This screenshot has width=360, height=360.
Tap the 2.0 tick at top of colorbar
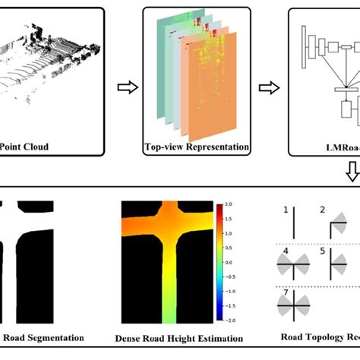(x=229, y=204)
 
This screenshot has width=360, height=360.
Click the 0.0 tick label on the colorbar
(x=229, y=263)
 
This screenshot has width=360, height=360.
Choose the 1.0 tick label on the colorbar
(x=229, y=233)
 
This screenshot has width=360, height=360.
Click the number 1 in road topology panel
(x=285, y=210)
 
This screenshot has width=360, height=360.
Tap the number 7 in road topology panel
(x=285, y=292)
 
